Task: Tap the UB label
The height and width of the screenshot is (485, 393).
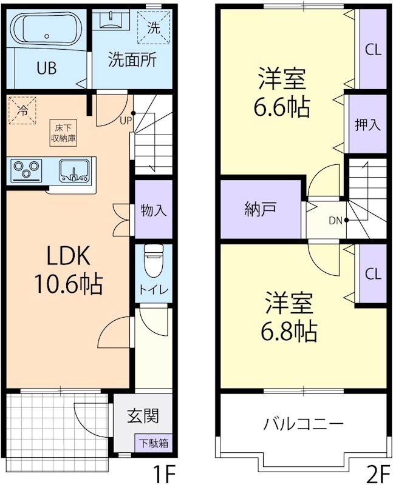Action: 46,68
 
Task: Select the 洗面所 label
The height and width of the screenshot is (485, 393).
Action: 132,59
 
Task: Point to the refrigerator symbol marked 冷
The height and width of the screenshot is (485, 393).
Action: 22,110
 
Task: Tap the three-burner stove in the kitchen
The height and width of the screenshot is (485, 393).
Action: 26,169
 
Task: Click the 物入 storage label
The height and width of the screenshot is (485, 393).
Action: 153,210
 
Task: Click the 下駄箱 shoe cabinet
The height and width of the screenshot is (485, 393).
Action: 152,443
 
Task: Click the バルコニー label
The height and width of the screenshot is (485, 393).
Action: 304,423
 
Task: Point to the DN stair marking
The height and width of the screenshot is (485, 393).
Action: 336,220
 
